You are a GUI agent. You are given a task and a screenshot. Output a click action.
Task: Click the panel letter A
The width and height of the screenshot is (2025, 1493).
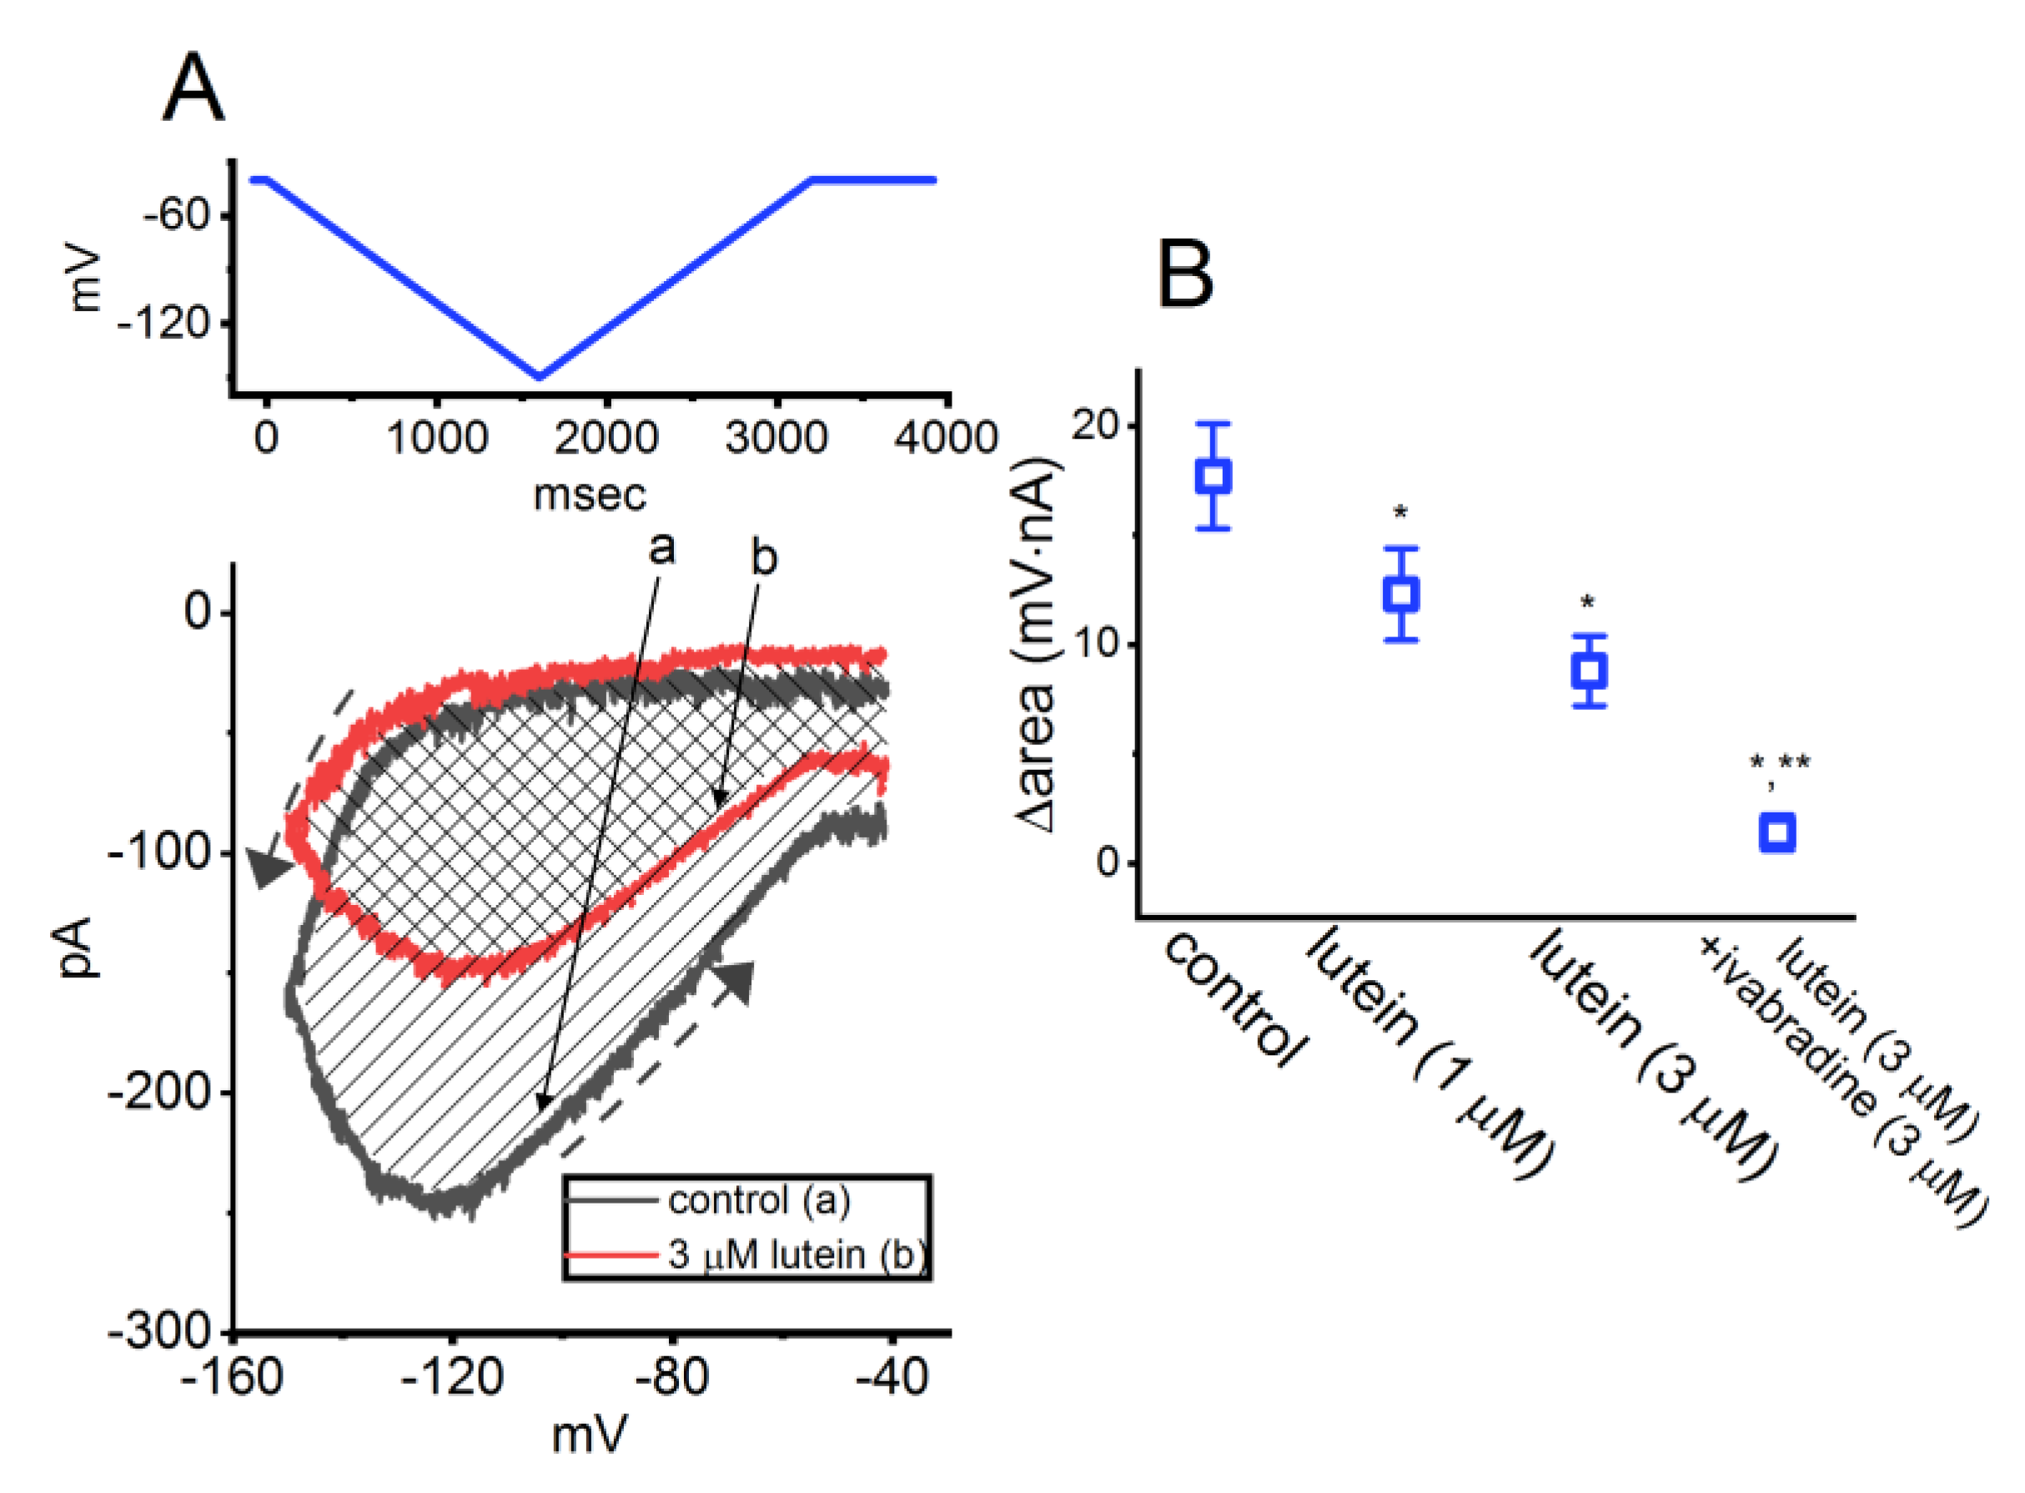pyautogui.click(x=193, y=88)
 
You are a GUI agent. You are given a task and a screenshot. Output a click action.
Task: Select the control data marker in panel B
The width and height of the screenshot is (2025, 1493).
pyautogui.click(x=1213, y=475)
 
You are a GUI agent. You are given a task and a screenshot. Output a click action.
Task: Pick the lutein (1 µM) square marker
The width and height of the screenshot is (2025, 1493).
pyautogui.click(x=1400, y=594)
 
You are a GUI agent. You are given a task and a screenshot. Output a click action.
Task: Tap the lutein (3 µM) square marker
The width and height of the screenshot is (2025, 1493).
pyautogui.click(x=1589, y=671)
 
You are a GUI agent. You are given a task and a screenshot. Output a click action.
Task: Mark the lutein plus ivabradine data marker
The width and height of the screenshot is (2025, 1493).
pyautogui.click(x=1777, y=832)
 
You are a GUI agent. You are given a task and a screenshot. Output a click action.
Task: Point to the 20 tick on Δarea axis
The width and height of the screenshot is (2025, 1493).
pyautogui.click(x=1095, y=425)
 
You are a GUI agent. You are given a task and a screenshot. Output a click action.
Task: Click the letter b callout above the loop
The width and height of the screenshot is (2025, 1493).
pyautogui.click(x=764, y=559)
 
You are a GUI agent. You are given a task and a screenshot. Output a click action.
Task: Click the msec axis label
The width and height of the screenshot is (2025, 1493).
pyautogui.click(x=590, y=495)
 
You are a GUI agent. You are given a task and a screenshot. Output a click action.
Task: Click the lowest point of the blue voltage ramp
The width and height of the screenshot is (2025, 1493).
pyautogui.click(x=540, y=376)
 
